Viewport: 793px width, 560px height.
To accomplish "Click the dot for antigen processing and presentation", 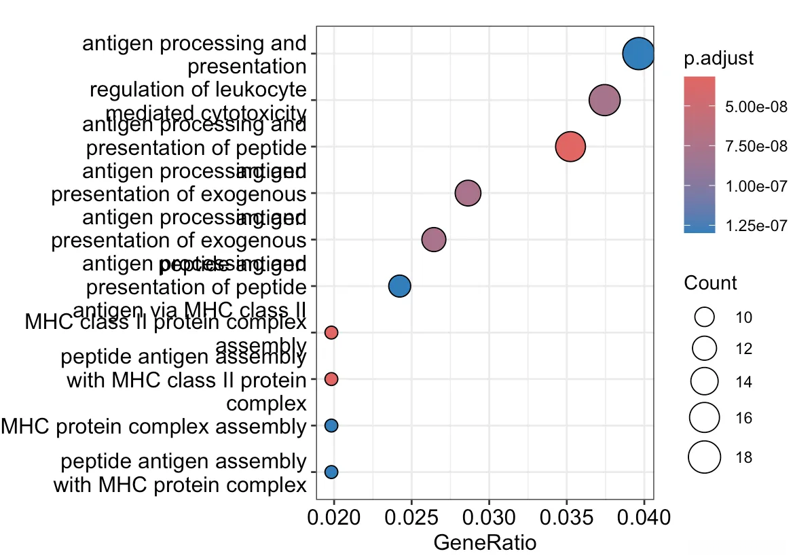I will (638, 54).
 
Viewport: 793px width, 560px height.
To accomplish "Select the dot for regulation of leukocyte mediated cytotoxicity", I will (604, 101).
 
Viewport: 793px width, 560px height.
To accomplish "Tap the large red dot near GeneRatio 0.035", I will (570, 146).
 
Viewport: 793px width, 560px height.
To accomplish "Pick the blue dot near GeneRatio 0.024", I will (399, 286).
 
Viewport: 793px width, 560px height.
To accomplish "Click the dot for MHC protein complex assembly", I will (331, 425).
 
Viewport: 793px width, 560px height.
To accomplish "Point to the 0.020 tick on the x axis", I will (334, 521).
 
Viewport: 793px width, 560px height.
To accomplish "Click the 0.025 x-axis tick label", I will (411, 521).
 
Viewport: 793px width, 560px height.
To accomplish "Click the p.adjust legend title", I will (718, 58).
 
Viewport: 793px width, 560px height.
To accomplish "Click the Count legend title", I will (710, 283).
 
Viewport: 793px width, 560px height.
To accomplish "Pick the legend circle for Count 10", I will (705, 317).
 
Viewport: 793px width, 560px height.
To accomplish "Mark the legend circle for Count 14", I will (705, 382).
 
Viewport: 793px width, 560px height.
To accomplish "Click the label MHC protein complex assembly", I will (153, 426).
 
